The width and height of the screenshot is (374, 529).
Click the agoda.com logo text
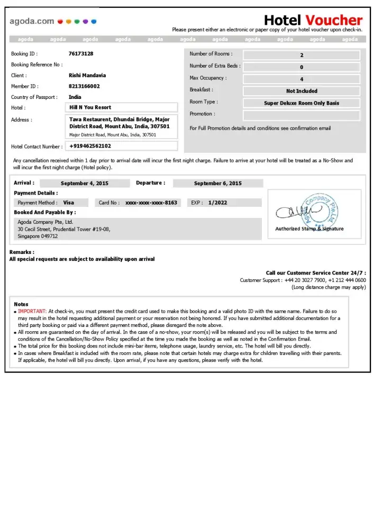click(x=32, y=21)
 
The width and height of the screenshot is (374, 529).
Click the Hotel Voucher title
click(x=313, y=20)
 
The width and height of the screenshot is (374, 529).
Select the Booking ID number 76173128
click(x=81, y=53)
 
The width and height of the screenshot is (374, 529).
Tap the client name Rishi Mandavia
click(x=87, y=75)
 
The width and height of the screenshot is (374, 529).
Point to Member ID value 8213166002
click(x=84, y=86)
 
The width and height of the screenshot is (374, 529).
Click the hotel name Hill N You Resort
click(x=90, y=107)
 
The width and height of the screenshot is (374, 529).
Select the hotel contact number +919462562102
click(x=90, y=146)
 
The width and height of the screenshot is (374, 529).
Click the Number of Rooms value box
click(x=302, y=55)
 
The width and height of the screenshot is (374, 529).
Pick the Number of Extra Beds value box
click(x=302, y=67)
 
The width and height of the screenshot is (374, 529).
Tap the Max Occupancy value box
click(x=302, y=79)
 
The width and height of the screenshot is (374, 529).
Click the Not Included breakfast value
click(x=302, y=91)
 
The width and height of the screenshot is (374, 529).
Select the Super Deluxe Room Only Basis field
click(x=302, y=103)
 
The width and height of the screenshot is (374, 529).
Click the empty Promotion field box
click(x=302, y=115)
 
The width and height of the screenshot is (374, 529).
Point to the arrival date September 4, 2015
click(x=85, y=184)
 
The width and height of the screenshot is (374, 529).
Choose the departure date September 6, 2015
click(x=218, y=184)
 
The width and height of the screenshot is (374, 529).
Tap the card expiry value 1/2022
click(x=218, y=203)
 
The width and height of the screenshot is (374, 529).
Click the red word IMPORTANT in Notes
click(x=32, y=312)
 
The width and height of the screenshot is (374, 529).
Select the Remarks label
click(x=22, y=252)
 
